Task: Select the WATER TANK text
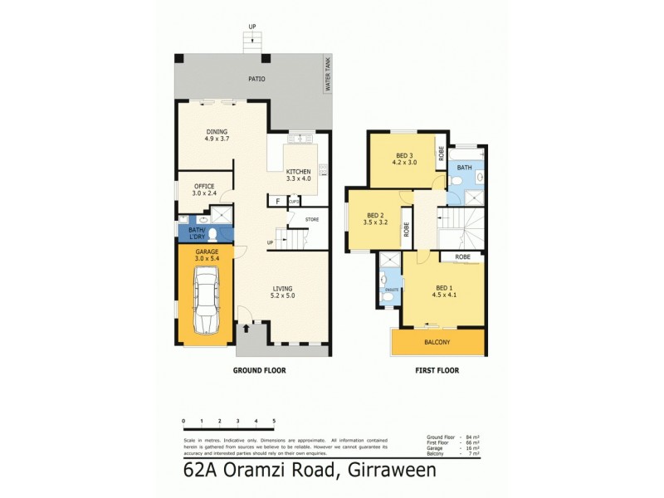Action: pyautogui.click(x=328, y=75)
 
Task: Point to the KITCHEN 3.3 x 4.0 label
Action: pyautogui.click(x=302, y=174)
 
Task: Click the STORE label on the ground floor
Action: pyautogui.click(x=312, y=220)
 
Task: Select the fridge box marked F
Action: pyautogui.click(x=277, y=201)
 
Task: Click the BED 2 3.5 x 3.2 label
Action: pyautogui.click(x=376, y=218)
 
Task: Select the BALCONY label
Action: pyautogui.click(x=437, y=342)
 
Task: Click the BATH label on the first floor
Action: pyautogui.click(x=465, y=168)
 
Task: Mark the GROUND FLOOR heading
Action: pyautogui.click(x=259, y=371)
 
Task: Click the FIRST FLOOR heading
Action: pyautogui.click(x=437, y=371)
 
